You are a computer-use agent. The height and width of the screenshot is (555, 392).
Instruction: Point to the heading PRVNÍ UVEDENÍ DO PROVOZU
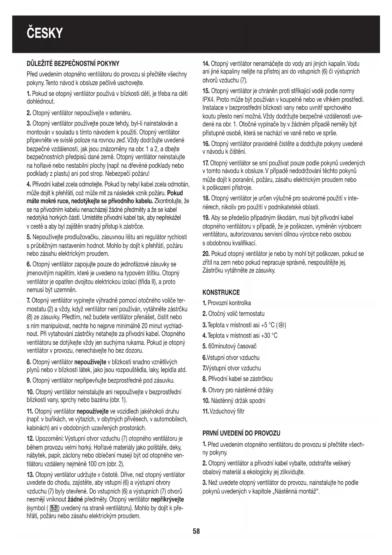click(x=241, y=433)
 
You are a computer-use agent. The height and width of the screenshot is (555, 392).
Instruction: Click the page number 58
click(x=196, y=531)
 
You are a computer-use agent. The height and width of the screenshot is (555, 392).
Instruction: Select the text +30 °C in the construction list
click(x=269, y=335)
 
